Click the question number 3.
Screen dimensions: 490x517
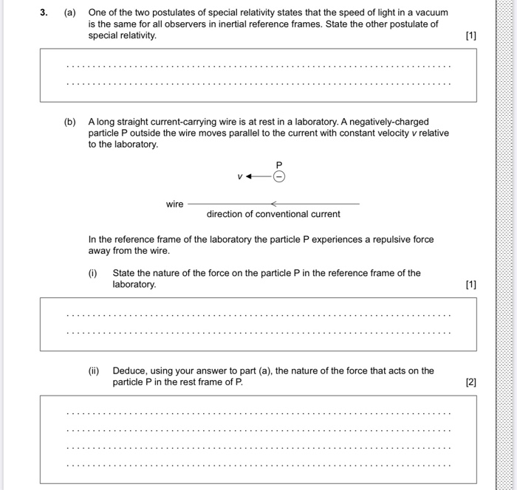point(44,13)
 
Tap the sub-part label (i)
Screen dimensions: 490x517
point(93,273)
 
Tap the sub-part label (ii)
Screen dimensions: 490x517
point(94,371)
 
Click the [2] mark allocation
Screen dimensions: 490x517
point(471,382)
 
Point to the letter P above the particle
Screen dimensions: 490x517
point(278,164)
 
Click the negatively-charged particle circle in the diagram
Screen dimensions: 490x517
point(278,176)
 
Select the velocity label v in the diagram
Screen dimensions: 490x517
point(239,177)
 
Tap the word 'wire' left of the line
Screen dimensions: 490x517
point(174,204)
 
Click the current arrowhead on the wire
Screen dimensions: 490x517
point(273,204)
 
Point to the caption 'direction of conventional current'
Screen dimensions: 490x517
point(273,215)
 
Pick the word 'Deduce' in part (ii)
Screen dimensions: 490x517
point(129,371)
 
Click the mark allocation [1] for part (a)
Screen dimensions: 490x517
point(471,35)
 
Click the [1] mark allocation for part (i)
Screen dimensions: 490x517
point(471,284)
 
